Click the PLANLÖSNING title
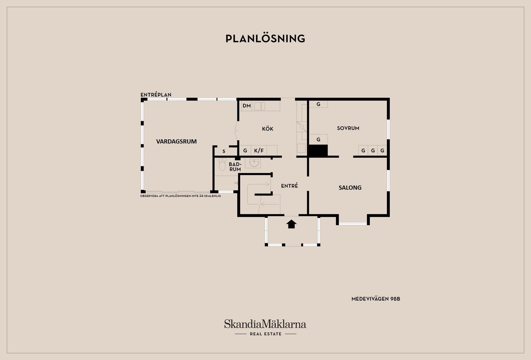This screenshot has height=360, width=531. pyautogui.click(x=265, y=39)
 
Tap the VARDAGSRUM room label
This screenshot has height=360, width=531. pyautogui.click(x=176, y=142)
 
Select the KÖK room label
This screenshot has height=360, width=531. pyautogui.click(x=267, y=129)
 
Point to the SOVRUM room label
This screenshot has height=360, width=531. pyautogui.click(x=348, y=128)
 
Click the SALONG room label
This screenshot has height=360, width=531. pyautogui.click(x=350, y=188)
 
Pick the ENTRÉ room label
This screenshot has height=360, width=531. pyautogui.click(x=289, y=186)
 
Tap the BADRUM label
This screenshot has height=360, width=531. pyautogui.click(x=235, y=167)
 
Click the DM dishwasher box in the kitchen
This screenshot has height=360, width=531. pyautogui.click(x=246, y=106)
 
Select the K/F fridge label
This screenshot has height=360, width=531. pyautogui.click(x=259, y=151)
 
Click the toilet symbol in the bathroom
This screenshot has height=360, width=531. pyautogui.click(x=222, y=164)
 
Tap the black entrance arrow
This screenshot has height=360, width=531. pyautogui.click(x=291, y=224)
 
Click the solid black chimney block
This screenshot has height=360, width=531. pyautogui.click(x=318, y=151)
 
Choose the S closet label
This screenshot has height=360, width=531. pyautogui.click(x=224, y=152)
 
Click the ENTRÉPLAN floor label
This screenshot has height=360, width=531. pyautogui.click(x=156, y=95)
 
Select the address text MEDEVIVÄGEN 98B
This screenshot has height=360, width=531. pyautogui.click(x=376, y=299)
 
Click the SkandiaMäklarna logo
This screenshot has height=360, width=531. pyautogui.click(x=265, y=324)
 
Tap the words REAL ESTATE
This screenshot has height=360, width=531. pyautogui.click(x=265, y=334)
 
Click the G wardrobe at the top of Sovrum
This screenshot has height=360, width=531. pyautogui.click(x=318, y=104)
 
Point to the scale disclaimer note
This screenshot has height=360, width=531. pyautogui.click(x=180, y=196)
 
